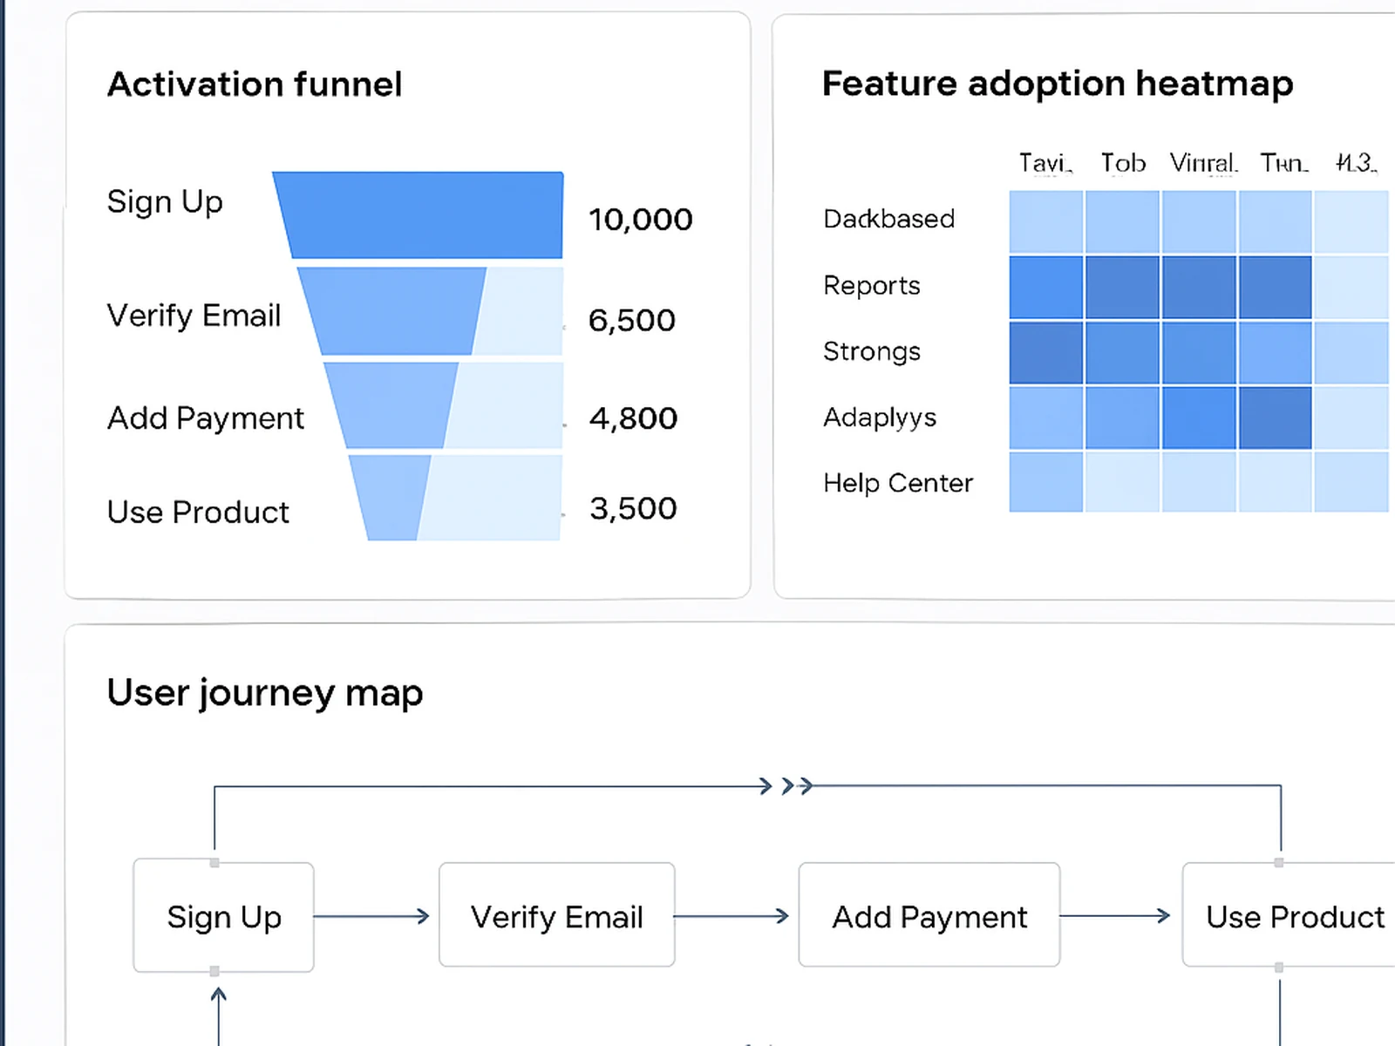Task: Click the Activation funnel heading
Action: pos(254,85)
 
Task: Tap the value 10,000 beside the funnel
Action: pos(640,220)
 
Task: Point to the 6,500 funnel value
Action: pos(631,321)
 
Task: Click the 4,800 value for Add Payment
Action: pos(633,418)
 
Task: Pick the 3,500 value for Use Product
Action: pos(633,509)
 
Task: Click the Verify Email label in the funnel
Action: pos(194,316)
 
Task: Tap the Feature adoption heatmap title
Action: pos(1057,84)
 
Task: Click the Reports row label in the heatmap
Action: pos(871,286)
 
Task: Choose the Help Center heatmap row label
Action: pos(897,483)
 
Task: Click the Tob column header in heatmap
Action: pos(1122,163)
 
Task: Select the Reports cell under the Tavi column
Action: pos(1045,287)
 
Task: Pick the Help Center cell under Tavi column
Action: pos(1045,482)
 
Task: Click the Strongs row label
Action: pos(871,351)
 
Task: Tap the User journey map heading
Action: pos(264,693)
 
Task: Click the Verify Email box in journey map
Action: pos(556,916)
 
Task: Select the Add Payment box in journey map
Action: pos(929,916)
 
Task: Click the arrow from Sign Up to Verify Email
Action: pos(372,916)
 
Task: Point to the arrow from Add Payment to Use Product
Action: pos(1115,916)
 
